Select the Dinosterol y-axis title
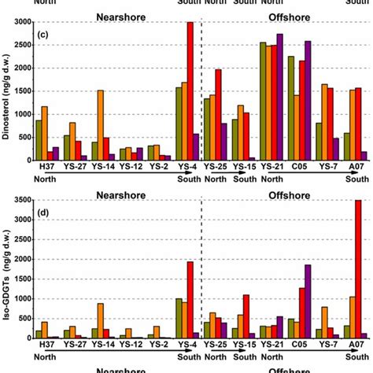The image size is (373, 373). (x=7, y=90)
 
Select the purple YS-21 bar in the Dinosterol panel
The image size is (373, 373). (x=279, y=97)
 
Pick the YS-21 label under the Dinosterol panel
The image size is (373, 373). (x=268, y=167)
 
